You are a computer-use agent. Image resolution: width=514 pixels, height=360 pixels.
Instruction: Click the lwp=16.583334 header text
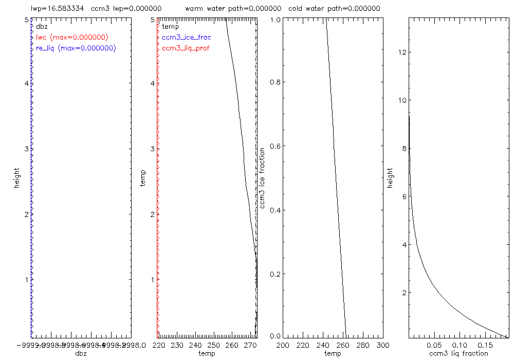58,9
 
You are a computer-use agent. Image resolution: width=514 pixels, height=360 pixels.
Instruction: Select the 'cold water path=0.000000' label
334,9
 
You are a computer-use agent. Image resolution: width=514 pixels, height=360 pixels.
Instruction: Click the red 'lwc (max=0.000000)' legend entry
71,38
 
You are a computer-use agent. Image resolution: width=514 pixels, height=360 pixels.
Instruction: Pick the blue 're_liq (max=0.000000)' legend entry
76,48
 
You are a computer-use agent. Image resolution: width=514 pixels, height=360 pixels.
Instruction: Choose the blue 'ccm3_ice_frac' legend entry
186,38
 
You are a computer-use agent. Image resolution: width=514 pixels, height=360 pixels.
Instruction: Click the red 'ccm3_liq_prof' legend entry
186,48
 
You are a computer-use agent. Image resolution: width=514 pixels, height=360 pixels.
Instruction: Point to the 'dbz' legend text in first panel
41,26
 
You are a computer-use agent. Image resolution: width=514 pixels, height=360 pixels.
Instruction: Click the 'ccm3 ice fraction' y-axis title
262,177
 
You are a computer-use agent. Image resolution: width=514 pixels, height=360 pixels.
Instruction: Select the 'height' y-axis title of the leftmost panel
17,177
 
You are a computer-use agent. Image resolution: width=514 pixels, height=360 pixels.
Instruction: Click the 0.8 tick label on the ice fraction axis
275,82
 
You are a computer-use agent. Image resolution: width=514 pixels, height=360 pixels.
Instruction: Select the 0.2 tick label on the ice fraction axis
275,273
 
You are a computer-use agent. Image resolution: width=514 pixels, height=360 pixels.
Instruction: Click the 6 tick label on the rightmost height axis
405,196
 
